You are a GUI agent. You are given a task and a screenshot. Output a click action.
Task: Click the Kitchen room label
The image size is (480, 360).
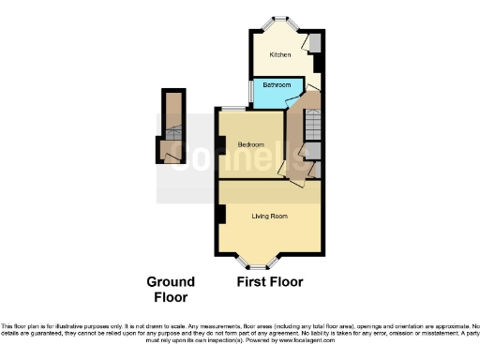(x=280, y=55)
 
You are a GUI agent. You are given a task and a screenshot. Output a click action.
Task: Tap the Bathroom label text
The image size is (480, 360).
(x=276, y=85)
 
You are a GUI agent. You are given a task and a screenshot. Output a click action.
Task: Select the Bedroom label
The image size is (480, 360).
(x=249, y=144)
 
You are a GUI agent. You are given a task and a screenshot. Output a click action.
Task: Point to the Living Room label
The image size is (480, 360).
(x=269, y=216)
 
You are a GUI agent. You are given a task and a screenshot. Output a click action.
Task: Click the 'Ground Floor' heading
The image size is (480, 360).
(x=170, y=289)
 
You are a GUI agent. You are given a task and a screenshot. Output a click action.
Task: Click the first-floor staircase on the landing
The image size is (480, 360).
(x=312, y=122)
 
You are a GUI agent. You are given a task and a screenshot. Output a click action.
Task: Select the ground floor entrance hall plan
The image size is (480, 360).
(x=171, y=127)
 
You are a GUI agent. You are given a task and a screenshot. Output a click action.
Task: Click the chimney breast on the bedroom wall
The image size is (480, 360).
(x=220, y=144)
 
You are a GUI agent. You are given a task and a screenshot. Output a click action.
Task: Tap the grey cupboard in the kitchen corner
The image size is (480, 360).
(x=316, y=42)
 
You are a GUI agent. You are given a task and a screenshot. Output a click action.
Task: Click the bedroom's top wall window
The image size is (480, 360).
(x=233, y=110)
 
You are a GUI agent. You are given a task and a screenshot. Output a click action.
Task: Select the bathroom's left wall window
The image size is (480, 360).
(x=255, y=91)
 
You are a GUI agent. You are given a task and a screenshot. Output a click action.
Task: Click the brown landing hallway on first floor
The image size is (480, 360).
(x=293, y=136)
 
